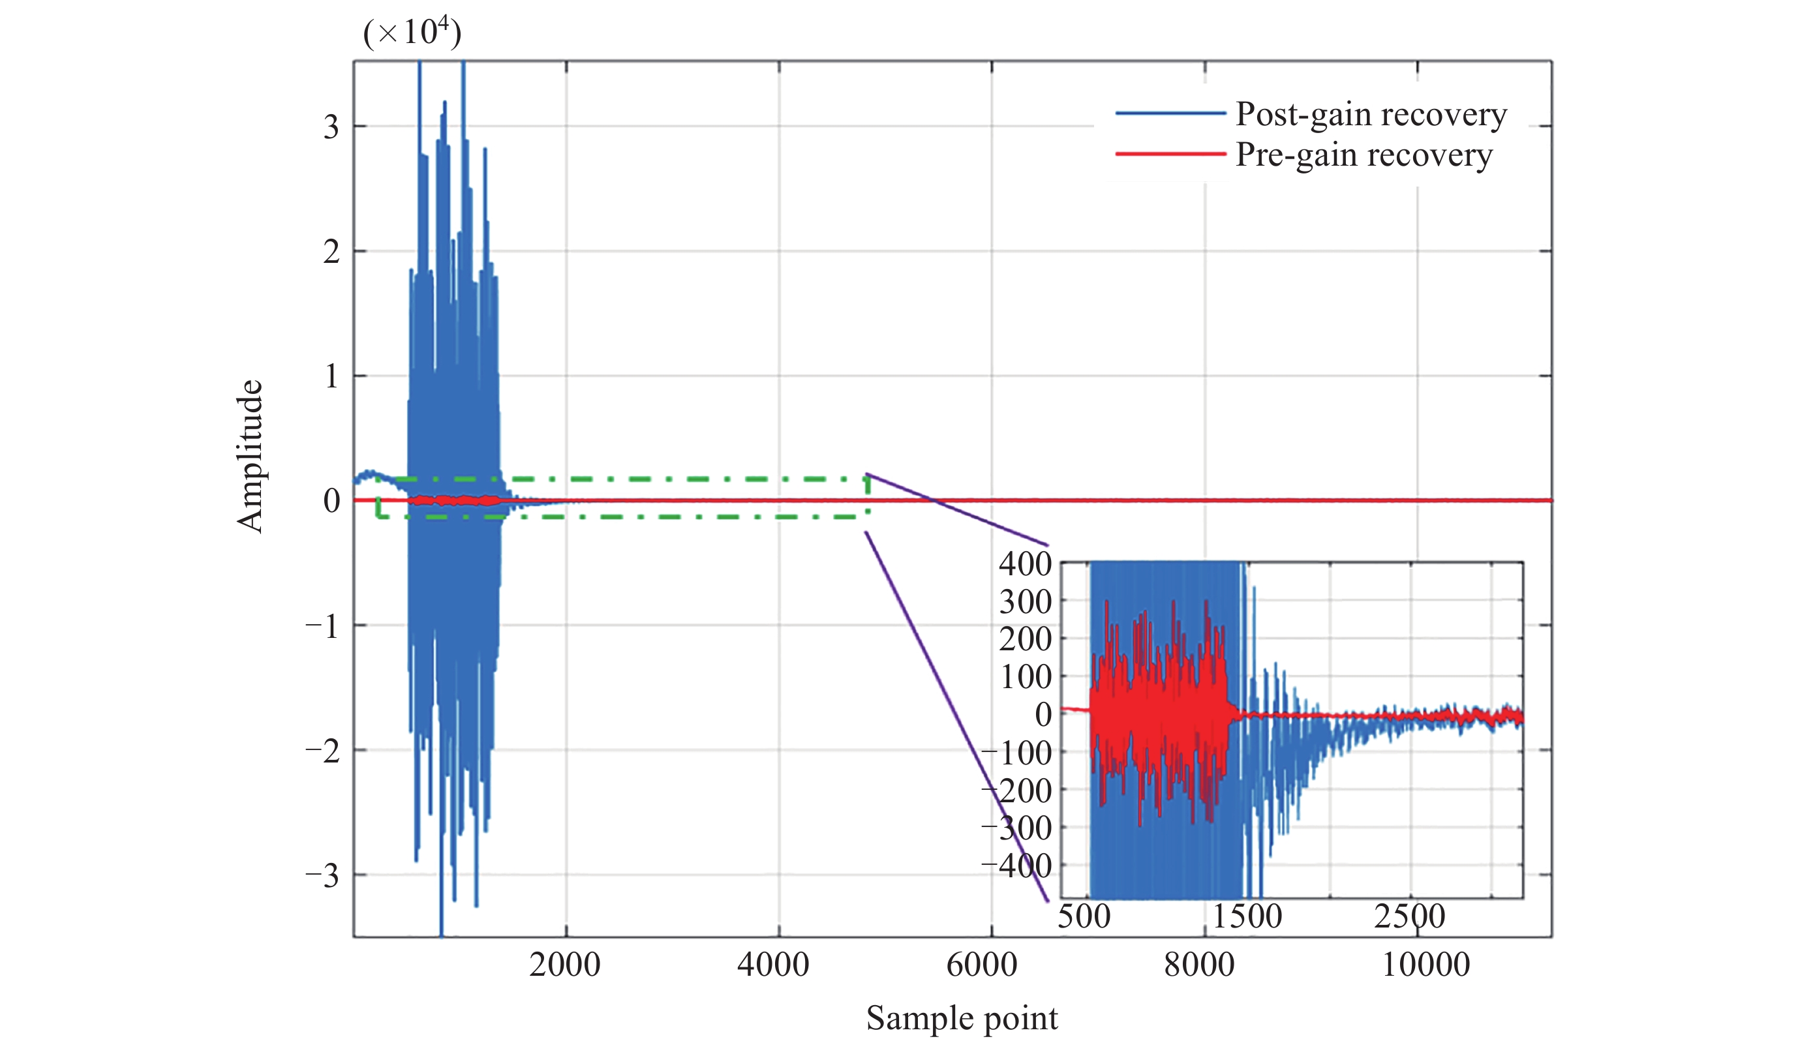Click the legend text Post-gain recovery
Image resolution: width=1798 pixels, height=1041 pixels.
tap(1371, 114)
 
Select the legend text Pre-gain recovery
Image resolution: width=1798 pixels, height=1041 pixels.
tap(1364, 155)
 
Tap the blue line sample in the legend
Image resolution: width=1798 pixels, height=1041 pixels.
tap(1170, 113)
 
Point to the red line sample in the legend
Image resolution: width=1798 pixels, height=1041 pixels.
tap(1170, 154)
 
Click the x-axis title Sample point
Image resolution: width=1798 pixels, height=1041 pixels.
tap(962, 1018)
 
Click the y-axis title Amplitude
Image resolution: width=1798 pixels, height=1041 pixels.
tap(251, 457)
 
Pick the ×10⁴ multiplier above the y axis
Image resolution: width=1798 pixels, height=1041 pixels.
tap(412, 32)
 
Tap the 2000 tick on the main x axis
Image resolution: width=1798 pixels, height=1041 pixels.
tap(564, 965)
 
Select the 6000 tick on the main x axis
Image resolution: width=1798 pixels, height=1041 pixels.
tap(981, 965)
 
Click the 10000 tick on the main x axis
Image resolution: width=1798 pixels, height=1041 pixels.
tap(1425, 965)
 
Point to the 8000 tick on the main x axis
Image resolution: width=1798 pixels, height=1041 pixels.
tap(1198, 965)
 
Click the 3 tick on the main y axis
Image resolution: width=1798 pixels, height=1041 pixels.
tap(331, 128)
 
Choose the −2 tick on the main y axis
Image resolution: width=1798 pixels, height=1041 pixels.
tap(322, 751)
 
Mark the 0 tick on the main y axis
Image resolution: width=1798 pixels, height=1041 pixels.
tap(331, 501)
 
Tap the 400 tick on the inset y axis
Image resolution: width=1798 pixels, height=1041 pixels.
tap(1024, 564)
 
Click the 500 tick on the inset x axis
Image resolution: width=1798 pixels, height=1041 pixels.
tap(1084, 916)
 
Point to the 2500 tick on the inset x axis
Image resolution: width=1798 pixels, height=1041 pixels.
tap(1409, 916)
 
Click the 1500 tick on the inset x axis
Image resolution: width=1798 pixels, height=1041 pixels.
tap(1247, 916)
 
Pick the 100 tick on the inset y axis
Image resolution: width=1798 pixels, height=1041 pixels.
tap(1026, 676)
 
